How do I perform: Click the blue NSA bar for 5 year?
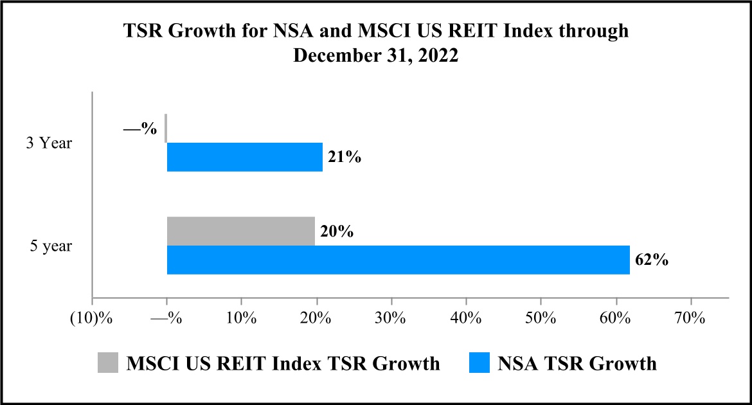point(398,260)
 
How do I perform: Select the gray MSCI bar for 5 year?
point(240,231)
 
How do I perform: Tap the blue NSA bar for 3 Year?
point(244,157)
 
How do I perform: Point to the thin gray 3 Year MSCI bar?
point(166,128)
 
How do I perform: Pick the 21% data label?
point(345,157)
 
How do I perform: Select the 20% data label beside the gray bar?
point(337,231)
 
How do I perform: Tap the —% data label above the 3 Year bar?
point(140,128)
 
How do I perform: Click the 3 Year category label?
point(49,143)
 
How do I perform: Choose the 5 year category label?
point(51,246)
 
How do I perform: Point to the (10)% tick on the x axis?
point(92,318)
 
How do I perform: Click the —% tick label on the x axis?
point(166,318)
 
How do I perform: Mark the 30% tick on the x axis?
point(391,318)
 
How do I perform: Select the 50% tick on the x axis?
point(541,318)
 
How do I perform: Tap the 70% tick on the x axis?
point(690,318)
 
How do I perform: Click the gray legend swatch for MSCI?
point(109,363)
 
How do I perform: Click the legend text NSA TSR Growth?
point(577,363)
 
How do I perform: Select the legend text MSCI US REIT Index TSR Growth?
point(283,363)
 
